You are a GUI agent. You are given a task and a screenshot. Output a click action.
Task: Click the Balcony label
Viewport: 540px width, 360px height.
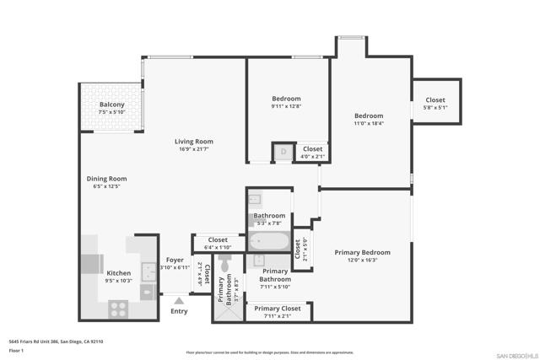111,105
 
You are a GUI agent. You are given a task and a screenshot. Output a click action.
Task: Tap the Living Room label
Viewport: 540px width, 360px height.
193,142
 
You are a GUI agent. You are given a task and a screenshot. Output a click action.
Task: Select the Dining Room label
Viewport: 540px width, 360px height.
106,179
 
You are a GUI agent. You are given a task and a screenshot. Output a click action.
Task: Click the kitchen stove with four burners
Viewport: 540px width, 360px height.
117,309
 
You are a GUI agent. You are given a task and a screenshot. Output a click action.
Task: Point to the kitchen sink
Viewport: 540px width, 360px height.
147,271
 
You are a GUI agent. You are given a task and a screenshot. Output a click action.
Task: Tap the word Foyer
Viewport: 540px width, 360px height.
175,260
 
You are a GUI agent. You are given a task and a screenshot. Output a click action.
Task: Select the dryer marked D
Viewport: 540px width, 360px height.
283,153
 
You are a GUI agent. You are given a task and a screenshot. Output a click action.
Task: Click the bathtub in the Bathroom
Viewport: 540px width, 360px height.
268,244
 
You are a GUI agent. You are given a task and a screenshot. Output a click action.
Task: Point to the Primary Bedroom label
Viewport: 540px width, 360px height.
362,253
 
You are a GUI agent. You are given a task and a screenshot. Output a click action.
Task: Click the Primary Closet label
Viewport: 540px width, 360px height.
278,309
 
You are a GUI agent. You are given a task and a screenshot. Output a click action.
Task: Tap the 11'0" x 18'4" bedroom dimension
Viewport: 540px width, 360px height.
368,123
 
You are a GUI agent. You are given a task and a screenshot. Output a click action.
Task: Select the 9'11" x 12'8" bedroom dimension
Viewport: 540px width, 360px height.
286,105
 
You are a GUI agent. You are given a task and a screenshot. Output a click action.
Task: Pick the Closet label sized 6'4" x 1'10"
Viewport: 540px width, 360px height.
218,240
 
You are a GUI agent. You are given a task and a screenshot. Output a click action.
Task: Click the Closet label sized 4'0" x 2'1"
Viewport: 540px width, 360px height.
312,149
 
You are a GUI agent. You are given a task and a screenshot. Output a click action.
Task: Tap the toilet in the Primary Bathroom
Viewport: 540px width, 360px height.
224,266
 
